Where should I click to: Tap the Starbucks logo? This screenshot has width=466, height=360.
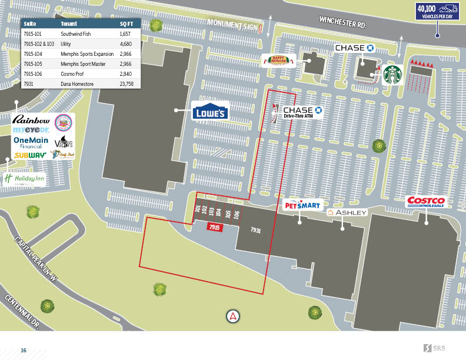(392, 75)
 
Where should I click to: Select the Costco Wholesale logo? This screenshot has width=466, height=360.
(427, 202)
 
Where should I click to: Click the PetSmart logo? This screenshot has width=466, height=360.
(302, 205)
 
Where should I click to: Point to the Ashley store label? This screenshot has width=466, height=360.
(347, 212)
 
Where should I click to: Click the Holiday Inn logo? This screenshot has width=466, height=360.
(25, 179)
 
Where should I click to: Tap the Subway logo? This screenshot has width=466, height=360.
(30, 155)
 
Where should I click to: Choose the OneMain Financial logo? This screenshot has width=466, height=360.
(31, 142)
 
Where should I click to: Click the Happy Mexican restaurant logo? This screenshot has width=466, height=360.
(278, 61)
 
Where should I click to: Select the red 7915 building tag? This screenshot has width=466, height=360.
(214, 226)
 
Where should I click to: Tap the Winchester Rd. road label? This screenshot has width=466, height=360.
(342, 23)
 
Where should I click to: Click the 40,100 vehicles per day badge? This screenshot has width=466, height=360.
(438, 11)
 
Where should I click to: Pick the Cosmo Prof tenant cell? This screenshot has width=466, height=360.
(72, 74)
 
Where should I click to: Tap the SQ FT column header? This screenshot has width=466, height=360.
(126, 25)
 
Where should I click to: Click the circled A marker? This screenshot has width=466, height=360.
(234, 316)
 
